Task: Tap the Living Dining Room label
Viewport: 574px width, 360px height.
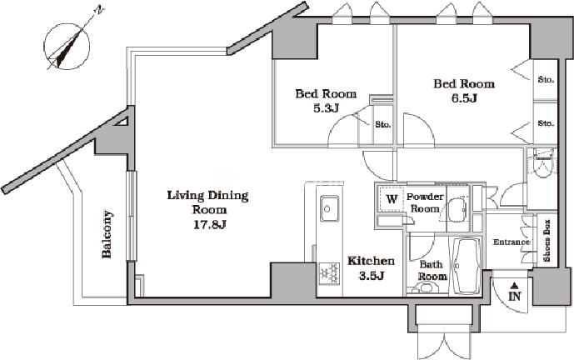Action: (207, 210)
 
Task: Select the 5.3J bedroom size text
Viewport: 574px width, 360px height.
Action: (326, 108)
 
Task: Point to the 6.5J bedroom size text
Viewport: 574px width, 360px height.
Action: (464, 98)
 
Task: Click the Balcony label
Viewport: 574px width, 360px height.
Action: (107, 234)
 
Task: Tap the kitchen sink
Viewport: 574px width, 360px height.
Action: (329, 208)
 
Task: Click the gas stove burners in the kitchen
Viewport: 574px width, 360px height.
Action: (329, 272)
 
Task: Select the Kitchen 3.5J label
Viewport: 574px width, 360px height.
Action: (371, 268)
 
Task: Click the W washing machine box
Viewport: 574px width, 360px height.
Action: (392, 199)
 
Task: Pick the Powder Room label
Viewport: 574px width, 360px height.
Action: (425, 202)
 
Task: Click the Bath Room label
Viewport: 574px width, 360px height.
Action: (432, 270)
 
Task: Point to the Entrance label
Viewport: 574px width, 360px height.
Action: (511, 242)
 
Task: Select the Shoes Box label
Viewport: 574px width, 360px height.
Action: (547, 241)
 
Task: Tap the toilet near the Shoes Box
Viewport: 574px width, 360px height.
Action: (544, 164)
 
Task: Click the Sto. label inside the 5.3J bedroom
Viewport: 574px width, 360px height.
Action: (383, 124)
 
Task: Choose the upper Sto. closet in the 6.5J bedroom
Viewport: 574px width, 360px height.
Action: (546, 79)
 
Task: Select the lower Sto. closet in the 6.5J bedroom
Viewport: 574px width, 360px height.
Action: (546, 123)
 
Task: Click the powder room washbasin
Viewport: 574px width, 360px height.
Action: (457, 210)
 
